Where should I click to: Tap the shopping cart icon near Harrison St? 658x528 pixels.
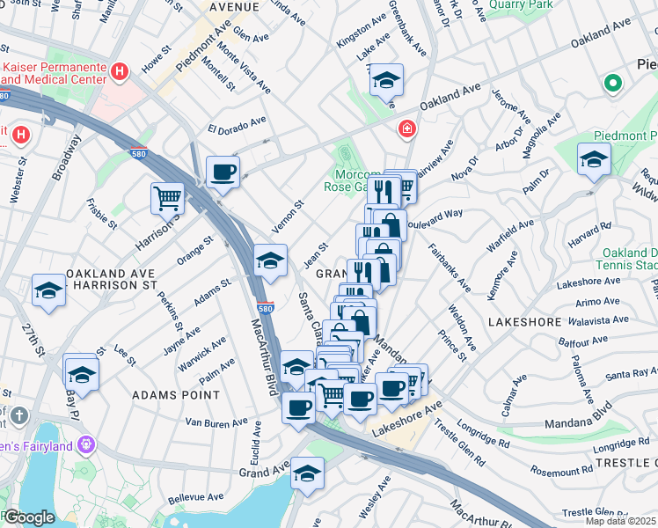point(167,197)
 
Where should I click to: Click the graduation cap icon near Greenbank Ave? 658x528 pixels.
point(385,80)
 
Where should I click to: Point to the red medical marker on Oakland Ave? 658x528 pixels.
point(406,129)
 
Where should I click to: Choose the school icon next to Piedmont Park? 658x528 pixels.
point(594,159)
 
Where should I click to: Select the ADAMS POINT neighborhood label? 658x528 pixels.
point(169,396)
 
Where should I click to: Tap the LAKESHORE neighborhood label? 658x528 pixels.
point(524,322)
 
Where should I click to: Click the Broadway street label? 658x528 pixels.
point(67,157)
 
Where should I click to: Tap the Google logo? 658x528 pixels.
point(28,517)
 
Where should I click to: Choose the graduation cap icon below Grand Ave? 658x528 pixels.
point(307,473)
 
